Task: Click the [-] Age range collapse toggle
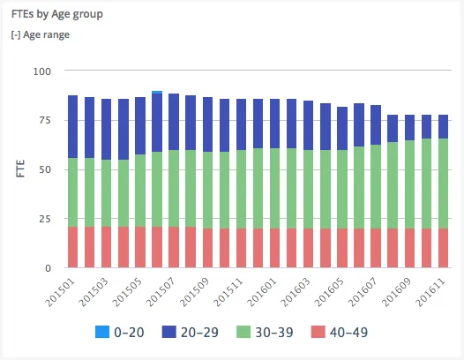coord(40,35)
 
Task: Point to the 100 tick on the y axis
coord(42,71)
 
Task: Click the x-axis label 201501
coord(60,289)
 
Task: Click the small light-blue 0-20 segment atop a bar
coord(156,92)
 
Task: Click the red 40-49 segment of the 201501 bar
coord(72,247)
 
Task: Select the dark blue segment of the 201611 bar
coord(444,126)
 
